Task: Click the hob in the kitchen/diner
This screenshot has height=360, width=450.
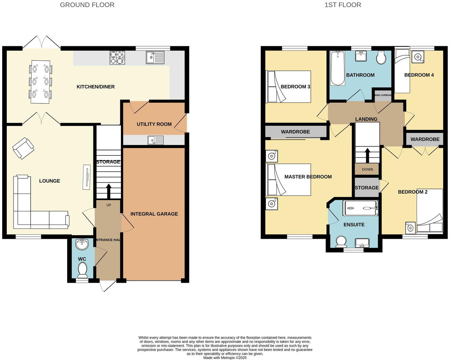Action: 117,58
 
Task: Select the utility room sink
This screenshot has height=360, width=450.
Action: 156,140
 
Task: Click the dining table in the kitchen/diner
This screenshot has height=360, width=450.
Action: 40,82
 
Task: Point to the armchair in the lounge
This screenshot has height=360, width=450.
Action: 23,148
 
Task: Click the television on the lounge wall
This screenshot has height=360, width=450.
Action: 87,177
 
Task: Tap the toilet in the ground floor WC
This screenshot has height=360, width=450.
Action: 83,270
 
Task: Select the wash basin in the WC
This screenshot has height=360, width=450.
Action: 81,244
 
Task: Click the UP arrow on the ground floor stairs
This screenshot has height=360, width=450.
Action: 108,191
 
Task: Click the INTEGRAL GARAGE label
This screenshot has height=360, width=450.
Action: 154,214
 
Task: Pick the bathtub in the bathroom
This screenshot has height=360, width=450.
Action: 338,68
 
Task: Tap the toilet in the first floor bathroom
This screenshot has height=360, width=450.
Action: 381,58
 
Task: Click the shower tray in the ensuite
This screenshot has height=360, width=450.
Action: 360,208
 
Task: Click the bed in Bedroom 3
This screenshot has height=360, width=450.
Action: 288,87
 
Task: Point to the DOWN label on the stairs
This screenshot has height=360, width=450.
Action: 367,169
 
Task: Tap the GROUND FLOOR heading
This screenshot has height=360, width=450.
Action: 87,5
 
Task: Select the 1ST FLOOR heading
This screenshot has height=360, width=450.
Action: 343,5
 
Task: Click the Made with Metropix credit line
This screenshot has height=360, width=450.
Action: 225,358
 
